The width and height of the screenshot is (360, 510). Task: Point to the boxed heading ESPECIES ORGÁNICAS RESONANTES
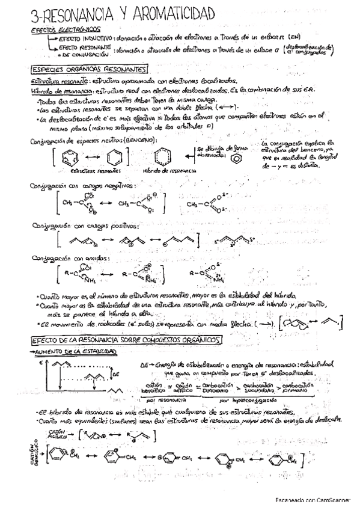click(88, 69)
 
